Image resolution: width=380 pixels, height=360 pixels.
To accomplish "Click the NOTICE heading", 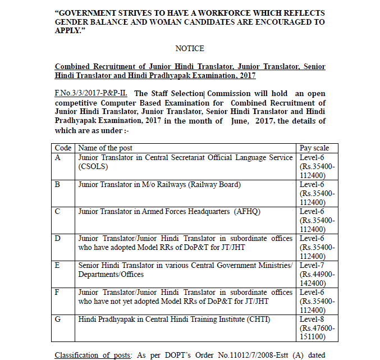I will click(190, 48).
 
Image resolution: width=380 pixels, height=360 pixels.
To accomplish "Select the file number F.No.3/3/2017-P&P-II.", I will click(92, 93).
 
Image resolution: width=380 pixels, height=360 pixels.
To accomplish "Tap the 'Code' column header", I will click(63, 148).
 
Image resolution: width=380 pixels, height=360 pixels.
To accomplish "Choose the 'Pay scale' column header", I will click(315, 148).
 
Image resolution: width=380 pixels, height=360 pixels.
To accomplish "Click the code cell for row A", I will click(57, 158).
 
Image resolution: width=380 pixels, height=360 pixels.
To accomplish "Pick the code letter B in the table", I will click(57, 185).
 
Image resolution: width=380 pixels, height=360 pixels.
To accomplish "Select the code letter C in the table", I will click(57, 212).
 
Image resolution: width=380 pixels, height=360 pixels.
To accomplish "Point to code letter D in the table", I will click(57, 239).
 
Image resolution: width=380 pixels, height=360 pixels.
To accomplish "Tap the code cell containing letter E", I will click(57, 266).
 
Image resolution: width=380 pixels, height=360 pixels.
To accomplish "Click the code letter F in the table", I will click(57, 293).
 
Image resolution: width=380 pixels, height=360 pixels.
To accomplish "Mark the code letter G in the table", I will click(57, 320).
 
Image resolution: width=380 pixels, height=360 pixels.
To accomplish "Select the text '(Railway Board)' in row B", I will click(213, 185).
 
